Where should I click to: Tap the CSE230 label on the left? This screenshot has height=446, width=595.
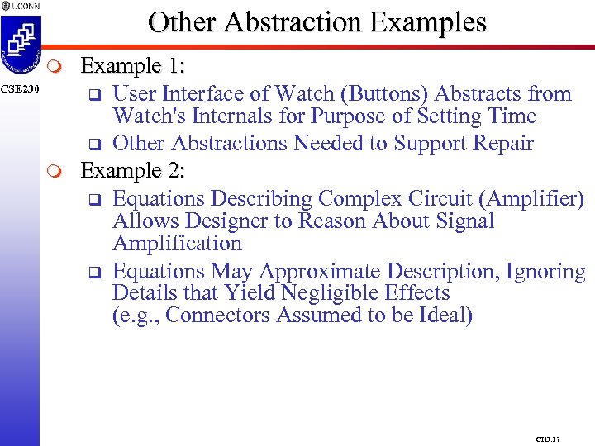tap(19, 89)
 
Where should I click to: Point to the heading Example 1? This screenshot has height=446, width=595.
tap(132, 65)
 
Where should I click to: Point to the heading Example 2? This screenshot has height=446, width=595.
tap(132, 171)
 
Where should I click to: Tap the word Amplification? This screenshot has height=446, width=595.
tap(177, 244)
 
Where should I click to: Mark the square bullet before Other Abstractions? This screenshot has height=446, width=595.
tap(94, 145)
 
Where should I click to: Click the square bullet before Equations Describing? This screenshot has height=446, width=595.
tap(94, 200)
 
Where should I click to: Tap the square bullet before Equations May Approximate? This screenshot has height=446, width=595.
tap(94, 272)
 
